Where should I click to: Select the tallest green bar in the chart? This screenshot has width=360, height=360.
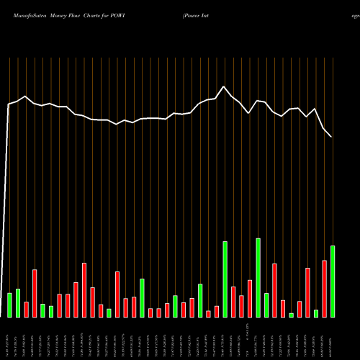coord(258,277)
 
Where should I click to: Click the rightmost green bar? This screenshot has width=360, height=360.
coord(333,282)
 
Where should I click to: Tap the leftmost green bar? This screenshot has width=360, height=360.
coord(9,305)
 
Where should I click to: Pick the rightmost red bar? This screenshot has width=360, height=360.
coord(324,289)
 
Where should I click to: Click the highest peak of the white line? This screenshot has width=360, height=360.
coord(225,87)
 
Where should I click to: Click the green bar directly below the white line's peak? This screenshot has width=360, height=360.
coord(225,279)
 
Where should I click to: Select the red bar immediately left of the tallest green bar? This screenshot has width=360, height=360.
coord(250,298)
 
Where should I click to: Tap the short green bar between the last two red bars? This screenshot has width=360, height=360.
coord(316,313)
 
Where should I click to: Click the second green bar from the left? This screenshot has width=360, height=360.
coord(18,303)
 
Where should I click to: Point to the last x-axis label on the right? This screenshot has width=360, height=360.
coord(333,338)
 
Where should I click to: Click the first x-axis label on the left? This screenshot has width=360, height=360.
coord(9,338)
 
